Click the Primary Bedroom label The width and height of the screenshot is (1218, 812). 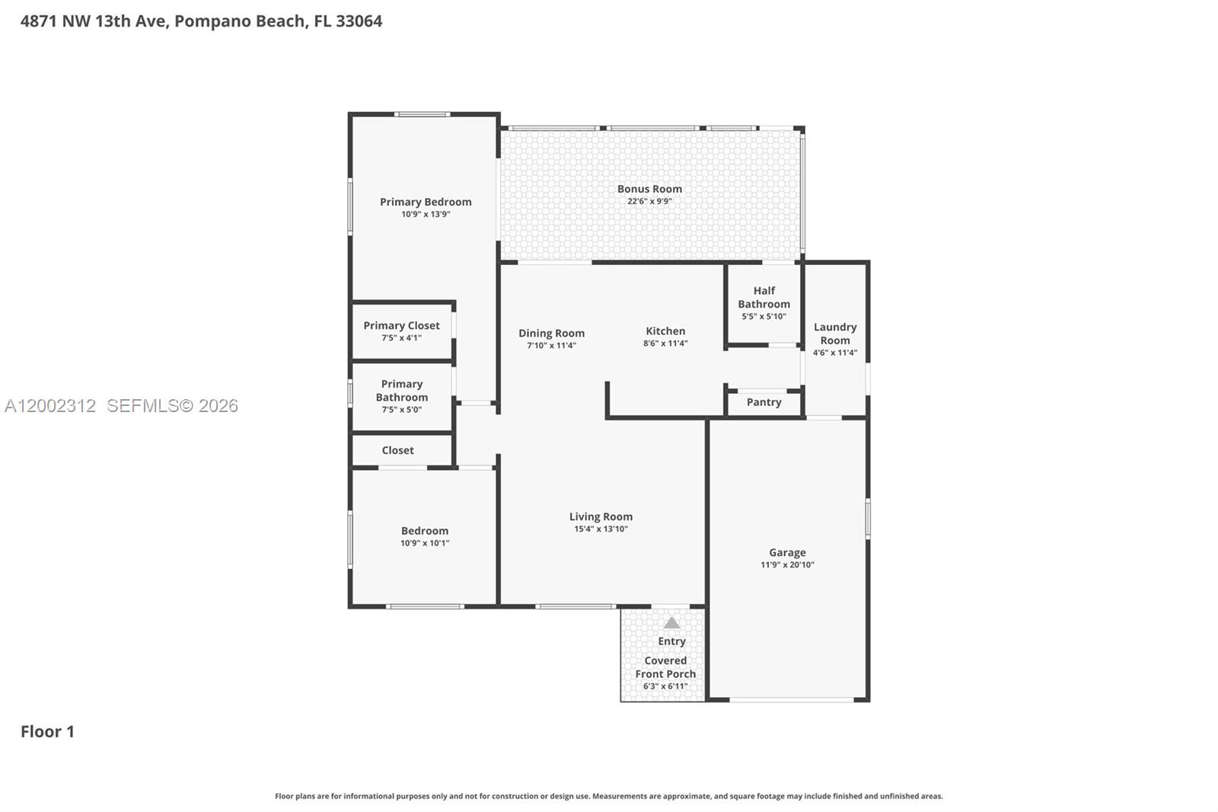click(x=426, y=202)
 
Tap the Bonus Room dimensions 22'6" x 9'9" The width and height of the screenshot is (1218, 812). click(x=649, y=202)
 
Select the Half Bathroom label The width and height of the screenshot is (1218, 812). click(x=764, y=297)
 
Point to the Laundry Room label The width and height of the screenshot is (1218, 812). click(x=835, y=334)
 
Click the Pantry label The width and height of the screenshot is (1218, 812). click(x=764, y=402)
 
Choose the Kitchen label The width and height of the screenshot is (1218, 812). click(x=665, y=331)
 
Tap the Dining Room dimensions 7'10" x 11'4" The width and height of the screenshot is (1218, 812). click(x=551, y=346)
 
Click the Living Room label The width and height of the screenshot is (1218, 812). click(x=601, y=516)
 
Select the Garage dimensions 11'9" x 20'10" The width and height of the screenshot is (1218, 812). click(x=787, y=565)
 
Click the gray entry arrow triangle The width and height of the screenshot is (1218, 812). click(x=671, y=623)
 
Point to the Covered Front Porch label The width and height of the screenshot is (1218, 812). click(x=665, y=667)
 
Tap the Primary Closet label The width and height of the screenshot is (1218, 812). click(x=401, y=325)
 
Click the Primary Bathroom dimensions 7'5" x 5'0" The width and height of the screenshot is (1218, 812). click(x=401, y=410)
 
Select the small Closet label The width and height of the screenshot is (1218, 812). click(x=397, y=450)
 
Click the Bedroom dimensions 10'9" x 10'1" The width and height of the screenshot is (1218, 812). click(x=425, y=544)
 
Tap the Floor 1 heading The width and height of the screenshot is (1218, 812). click(x=47, y=731)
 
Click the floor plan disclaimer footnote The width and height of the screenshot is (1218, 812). click(x=608, y=796)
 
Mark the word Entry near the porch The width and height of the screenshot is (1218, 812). click(x=671, y=641)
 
